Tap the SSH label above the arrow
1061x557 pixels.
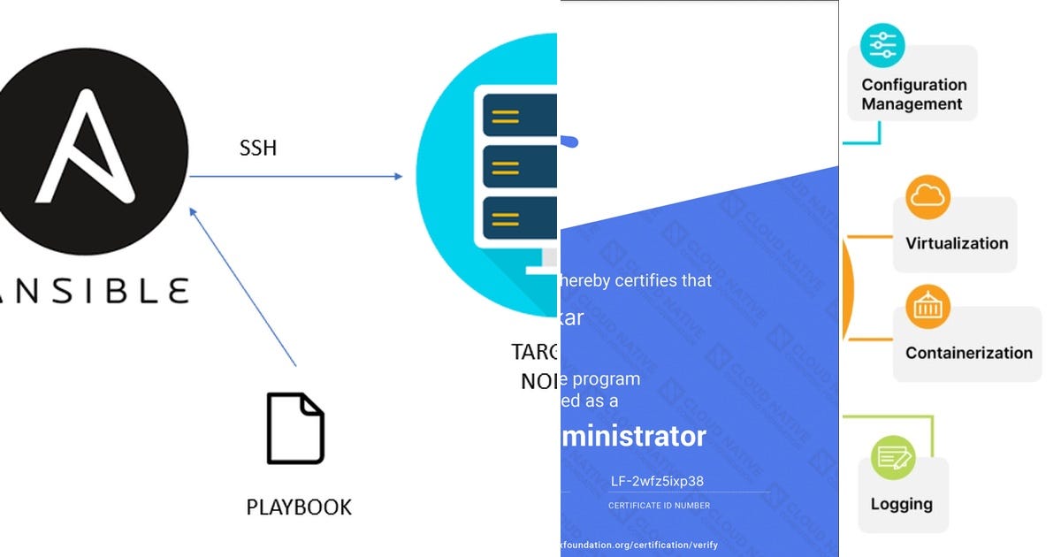258,148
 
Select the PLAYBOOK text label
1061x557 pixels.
299,507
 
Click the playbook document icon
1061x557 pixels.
295,428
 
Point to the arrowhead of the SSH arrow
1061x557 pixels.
399,177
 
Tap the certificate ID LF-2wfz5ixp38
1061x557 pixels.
658,482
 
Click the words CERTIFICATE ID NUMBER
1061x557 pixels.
659,506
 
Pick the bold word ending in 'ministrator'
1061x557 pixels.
634,436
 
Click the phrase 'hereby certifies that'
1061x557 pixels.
636,280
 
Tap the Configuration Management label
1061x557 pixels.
913,95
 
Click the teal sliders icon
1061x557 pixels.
882,45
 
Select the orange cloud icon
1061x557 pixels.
927,197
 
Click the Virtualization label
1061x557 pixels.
956,243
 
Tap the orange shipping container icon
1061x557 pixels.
927,307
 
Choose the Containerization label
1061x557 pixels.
968,353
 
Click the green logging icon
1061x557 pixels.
893,457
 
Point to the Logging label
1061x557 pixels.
901,504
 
